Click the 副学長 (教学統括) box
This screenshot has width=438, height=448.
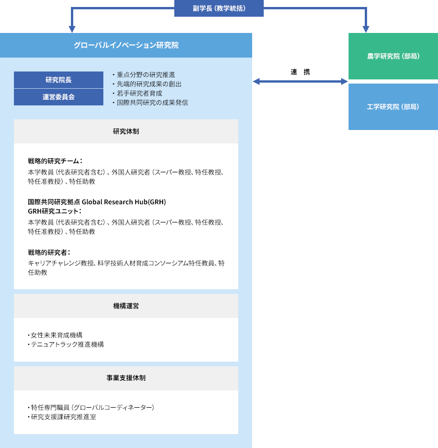pos(219,8)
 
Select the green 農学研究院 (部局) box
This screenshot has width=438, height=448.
pos(393,56)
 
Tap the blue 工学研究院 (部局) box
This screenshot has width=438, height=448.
pos(393,107)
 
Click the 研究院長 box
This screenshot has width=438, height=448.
pos(58,80)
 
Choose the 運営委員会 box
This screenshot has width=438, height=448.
pos(58,97)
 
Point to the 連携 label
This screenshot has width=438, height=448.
pos(300,71)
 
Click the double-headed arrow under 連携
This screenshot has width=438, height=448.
pos(300,81)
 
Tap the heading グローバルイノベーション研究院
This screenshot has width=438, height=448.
pos(126,45)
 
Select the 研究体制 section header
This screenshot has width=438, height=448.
pos(126,131)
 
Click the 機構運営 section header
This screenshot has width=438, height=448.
pos(126,306)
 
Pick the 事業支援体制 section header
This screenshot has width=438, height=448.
pos(126,378)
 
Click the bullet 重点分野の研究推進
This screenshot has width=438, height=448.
pos(143,75)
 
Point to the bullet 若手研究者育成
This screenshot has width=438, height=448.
pos(137,93)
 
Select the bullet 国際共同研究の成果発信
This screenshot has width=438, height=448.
pos(150,103)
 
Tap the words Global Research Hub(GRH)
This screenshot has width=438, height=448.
pos(124,202)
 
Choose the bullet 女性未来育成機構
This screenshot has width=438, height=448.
pos(55,335)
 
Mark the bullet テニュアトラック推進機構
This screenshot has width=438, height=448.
pos(66,344)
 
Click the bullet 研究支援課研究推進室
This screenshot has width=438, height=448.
pos(62,417)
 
